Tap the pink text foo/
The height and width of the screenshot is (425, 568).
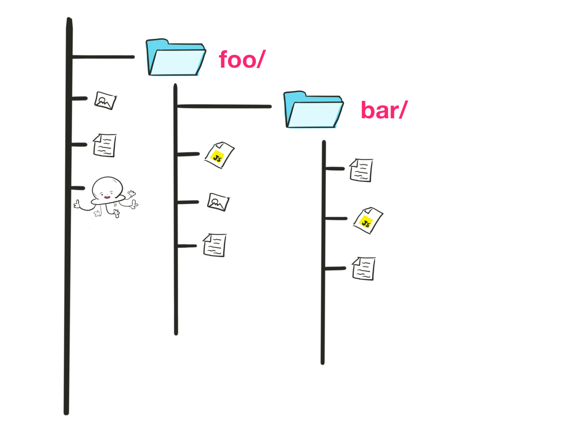click(240, 60)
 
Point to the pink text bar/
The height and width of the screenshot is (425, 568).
click(383, 110)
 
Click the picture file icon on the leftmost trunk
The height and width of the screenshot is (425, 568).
click(105, 100)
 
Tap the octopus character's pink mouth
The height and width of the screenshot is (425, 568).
click(107, 197)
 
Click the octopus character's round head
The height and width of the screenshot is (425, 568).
click(107, 188)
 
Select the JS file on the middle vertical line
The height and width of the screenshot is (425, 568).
click(219, 155)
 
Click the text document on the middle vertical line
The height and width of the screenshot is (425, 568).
click(215, 245)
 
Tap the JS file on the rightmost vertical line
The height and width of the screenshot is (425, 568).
click(367, 220)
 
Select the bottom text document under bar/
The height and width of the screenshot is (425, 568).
click(364, 268)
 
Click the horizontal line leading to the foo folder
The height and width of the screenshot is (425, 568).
click(103, 57)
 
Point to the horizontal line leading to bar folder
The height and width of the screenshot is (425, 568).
click(224, 106)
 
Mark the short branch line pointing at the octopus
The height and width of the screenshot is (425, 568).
click(78, 188)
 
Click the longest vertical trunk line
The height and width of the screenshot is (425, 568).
click(68, 283)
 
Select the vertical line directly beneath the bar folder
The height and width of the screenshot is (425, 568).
click(323, 307)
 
